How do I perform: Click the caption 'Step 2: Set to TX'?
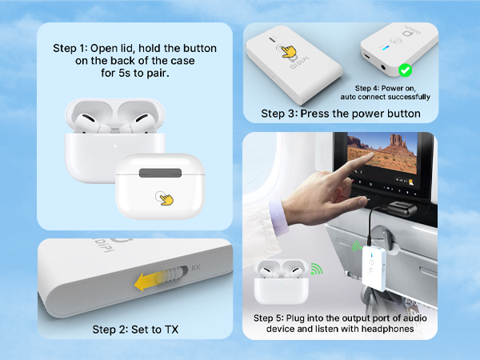tap(134, 329)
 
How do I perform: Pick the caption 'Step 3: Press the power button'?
tap(341, 114)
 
